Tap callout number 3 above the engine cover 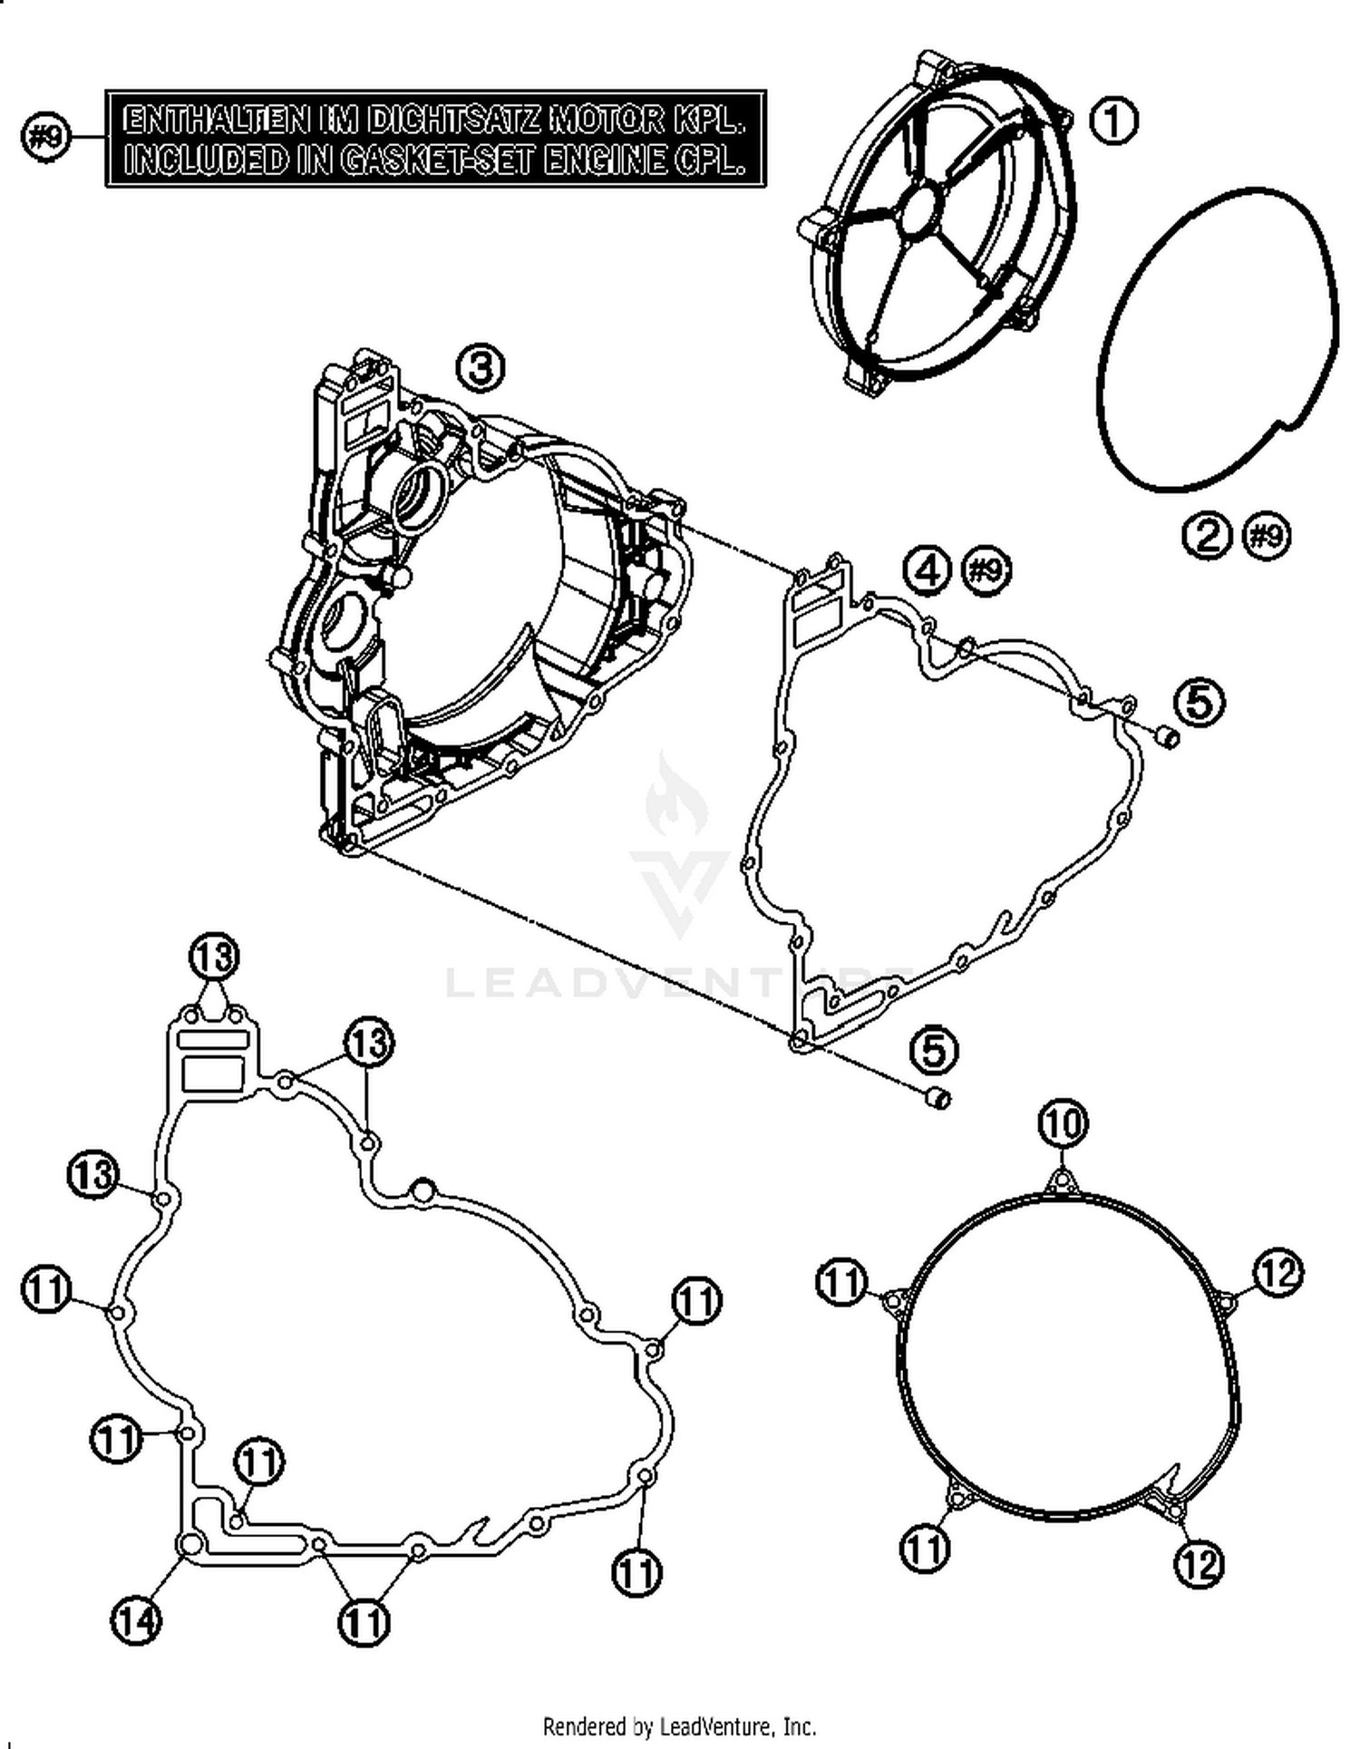[480, 368]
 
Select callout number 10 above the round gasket [1063, 1124]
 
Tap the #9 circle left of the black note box [45, 138]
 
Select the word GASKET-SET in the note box [441, 160]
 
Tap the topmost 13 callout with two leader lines [214, 957]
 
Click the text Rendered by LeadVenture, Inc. [679, 1725]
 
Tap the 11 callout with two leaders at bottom [364, 1622]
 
